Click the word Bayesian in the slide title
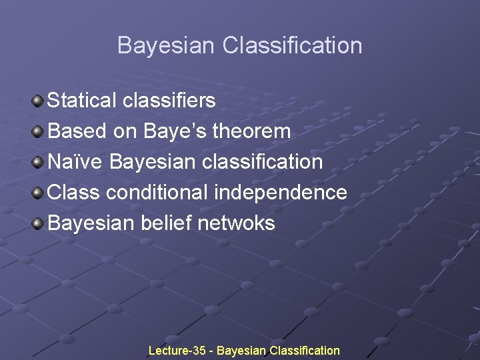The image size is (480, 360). click(167, 46)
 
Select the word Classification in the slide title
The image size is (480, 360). click(293, 46)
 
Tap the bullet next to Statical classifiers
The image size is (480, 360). click(39, 101)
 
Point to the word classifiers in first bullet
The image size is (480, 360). click(169, 101)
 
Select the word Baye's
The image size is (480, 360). click(175, 131)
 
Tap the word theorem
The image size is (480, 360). click(252, 131)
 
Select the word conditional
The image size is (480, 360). click(157, 193)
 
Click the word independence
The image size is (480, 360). click(280, 193)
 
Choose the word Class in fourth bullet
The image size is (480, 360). click(74, 193)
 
